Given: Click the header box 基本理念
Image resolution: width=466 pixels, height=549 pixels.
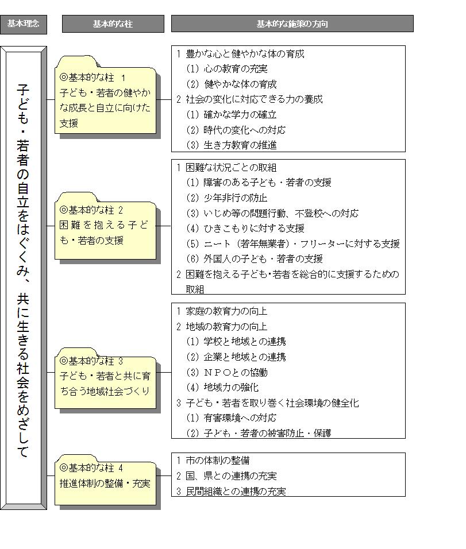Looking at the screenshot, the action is click(x=24, y=24).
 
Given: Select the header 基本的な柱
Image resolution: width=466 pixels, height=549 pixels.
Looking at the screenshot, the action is click(x=113, y=24).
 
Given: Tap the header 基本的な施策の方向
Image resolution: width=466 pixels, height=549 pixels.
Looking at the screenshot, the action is click(x=292, y=24).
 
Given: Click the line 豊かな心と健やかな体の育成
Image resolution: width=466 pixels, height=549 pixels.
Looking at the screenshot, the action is click(x=240, y=54).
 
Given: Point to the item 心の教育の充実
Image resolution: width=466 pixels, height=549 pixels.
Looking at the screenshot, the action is click(x=227, y=69).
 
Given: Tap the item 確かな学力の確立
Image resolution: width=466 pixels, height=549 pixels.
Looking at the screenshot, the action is click(x=231, y=115).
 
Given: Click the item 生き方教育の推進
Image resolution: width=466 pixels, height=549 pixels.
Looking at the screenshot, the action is click(x=231, y=145).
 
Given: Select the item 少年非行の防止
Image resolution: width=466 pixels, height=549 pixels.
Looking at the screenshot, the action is click(x=227, y=198).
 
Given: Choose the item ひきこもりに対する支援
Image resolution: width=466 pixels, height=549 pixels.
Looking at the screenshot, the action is click(x=245, y=229).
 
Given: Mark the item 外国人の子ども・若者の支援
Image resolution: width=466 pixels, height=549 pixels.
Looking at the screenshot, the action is click(x=255, y=259).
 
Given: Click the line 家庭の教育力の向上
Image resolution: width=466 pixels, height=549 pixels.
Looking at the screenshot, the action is click(x=222, y=311).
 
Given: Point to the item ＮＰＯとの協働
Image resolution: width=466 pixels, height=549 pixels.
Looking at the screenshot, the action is click(x=227, y=372).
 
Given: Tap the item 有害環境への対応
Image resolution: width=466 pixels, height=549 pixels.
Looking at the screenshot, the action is click(x=231, y=418).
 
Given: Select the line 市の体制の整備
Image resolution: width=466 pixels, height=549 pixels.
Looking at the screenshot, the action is click(x=213, y=461).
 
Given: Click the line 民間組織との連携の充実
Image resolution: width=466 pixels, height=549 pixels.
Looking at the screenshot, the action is click(x=231, y=491).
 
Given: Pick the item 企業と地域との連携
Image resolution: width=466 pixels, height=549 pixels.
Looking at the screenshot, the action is click(x=236, y=357).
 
